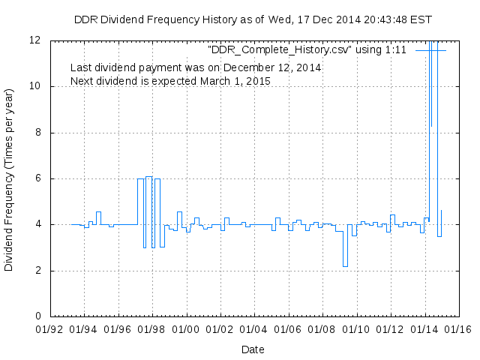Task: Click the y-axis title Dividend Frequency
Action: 9,178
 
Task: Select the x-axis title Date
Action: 253,349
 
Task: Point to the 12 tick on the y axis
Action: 35,40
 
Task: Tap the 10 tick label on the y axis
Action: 35,86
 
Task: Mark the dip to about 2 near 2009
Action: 345,265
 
